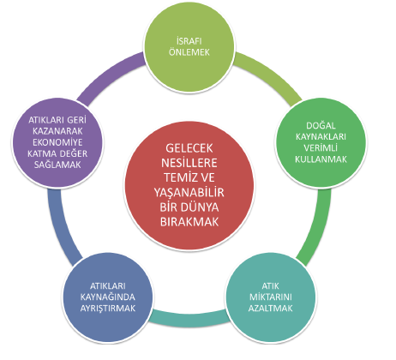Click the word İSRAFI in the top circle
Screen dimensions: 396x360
[x=189, y=41]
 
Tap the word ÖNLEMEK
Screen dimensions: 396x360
[x=189, y=52]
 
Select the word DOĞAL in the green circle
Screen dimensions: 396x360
[x=321, y=125]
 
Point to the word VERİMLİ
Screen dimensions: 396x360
[x=321, y=147]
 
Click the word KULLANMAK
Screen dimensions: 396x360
[x=321, y=159]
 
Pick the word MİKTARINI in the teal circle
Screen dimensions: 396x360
[x=271, y=297]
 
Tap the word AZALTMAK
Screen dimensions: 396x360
[x=271, y=309]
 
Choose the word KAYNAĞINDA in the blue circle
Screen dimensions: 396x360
[x=108, y=297]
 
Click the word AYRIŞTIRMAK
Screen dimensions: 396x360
[x=108, y=309]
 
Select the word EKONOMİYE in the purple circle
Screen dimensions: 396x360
[x=57, y=142]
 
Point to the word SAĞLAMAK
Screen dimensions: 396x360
[x=57, y=165]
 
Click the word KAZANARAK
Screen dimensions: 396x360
[x=57, y=131]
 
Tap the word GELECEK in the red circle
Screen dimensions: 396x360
[x=189, y=148]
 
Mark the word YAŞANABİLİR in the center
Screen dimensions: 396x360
[x=189, y=192]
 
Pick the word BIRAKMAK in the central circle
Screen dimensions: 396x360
[x=189, y=222]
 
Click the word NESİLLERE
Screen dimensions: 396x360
[x=189, y=163]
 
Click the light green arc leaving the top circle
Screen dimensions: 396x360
[x=271, y=75]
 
